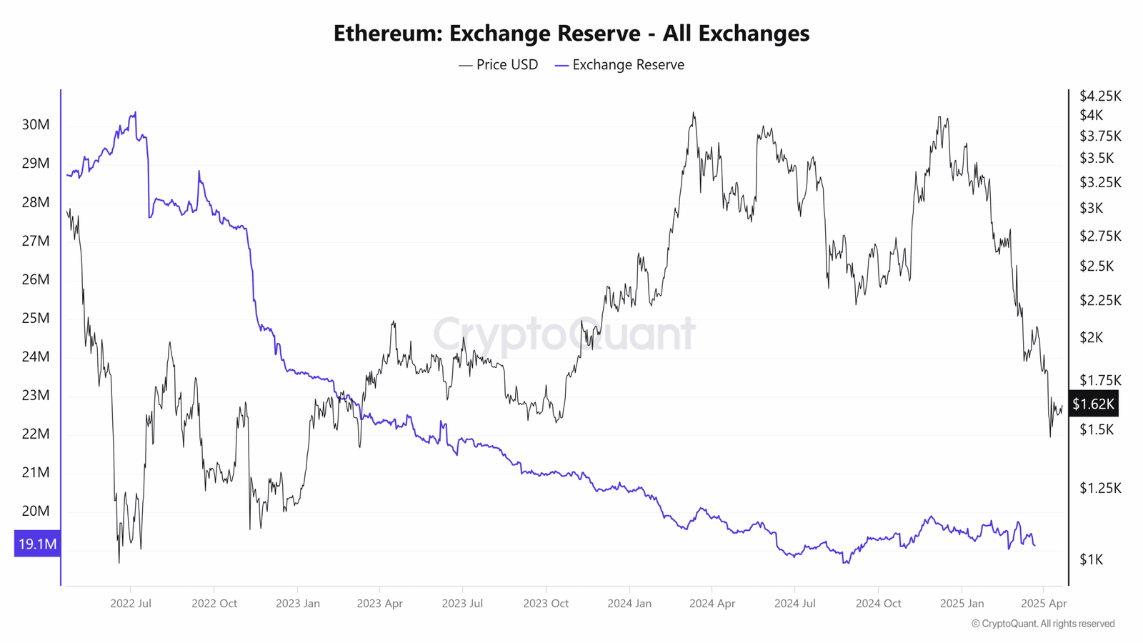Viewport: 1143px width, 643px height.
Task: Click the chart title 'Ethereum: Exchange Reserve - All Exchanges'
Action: click(x=571, y=34)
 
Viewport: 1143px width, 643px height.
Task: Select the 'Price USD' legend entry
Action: click(x=499, y=65)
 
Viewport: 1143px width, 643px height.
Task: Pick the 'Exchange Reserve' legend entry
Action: click(x=619, y=65)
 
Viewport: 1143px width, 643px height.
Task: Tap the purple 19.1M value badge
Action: click(x=37, y=544)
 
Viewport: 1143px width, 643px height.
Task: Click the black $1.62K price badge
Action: click(x=1093, y=404)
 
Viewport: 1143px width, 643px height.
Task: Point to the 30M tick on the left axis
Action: click(x=36, y=125)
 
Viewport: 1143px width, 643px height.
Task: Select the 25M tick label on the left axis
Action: click(x=36, y=318)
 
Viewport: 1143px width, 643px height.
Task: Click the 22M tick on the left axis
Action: click(x=36, y=434)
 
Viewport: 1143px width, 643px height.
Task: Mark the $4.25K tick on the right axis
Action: click(x=1100, y=96)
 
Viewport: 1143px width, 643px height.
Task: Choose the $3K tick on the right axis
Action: click(x=1091, y=208)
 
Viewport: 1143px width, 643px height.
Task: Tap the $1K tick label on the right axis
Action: click(x=1091, y=559)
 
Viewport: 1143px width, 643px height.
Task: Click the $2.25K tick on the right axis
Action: click(x=1100, y=300)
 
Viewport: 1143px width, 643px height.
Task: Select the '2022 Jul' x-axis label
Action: click(x=131, y=604)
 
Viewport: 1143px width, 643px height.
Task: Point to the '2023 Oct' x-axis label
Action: click(x=546, y=604)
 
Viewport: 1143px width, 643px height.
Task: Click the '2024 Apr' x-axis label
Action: click(x=712, y=604)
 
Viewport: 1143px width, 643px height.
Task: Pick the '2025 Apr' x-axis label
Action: click(x=1044, y=604)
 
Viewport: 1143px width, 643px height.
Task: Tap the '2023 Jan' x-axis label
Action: click(x=298, y=604)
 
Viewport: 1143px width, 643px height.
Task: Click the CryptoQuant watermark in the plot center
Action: click(x=564, y=334)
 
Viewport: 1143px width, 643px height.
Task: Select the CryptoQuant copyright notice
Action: click(x=1043, y=624)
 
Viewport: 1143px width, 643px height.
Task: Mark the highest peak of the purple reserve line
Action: click(x=135, y=112)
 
